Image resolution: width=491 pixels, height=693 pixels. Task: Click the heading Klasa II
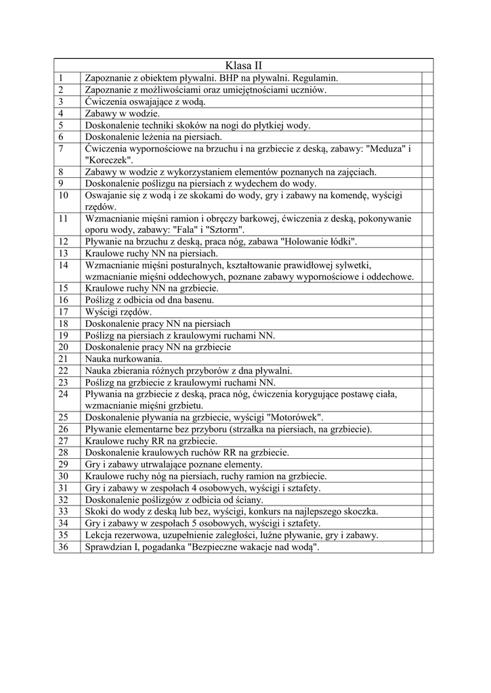[x=243, y=66]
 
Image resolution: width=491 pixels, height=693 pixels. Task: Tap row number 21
[x=64, y=358]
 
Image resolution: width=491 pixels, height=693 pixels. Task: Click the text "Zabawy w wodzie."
[x=123, y=113]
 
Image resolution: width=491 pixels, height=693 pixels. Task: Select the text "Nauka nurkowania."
[x=123, y=358]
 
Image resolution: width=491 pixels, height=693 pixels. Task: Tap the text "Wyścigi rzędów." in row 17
[x=119, y=312]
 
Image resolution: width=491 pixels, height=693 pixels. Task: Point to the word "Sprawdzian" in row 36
[x=109, y=547]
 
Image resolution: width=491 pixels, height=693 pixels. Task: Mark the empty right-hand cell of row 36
[x=427, y=547]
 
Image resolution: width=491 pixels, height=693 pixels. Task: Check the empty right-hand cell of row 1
[x=427, y=78]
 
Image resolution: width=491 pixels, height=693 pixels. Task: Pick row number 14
[x=64, y=265]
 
